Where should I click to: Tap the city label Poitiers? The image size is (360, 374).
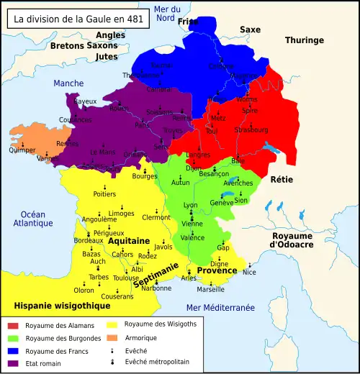tap(104, 193)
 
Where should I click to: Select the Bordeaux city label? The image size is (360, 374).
tap(88, 241)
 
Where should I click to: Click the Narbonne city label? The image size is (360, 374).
tap(156, 288)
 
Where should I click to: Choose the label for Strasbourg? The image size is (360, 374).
tap(252, 129)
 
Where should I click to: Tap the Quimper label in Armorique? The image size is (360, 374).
tap(22, 150)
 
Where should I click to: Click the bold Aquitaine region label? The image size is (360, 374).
tap(129, 241)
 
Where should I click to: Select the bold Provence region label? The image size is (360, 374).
tap(217, 270)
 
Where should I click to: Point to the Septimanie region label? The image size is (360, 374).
tap(156, 275)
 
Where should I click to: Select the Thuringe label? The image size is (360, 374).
tap(304, 40)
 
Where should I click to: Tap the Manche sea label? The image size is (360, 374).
tap(68, 83)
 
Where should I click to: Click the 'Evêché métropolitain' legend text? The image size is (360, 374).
tap(157, 362)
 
